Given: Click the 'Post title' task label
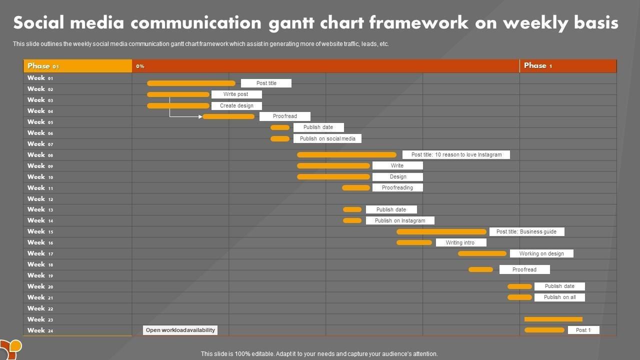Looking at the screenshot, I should click(266, 83).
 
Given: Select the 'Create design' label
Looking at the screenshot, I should click(236, 105).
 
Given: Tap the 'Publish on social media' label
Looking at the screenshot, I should click(327, 138).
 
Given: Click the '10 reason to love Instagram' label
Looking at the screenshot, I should click(456, 154).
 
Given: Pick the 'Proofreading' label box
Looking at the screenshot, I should click(397, 187).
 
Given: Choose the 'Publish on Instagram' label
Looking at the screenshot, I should click(400, 220).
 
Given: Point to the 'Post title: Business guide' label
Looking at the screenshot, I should click(526, 231).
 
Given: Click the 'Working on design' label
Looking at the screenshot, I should click(541, 253).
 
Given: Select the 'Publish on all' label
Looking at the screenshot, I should click(559, 297).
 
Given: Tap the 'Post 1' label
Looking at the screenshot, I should click(583, 330).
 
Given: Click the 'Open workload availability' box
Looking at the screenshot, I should click(180, 330).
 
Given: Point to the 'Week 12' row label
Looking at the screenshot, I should click(40, 198).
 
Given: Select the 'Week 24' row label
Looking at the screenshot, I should click(40, 330).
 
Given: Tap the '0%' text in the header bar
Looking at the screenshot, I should click(140, 66).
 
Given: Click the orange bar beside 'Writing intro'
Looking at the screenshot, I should click(414, 242).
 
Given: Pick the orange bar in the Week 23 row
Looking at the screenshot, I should click(553, 319).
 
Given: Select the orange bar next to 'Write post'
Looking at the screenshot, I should click(178, 94).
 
